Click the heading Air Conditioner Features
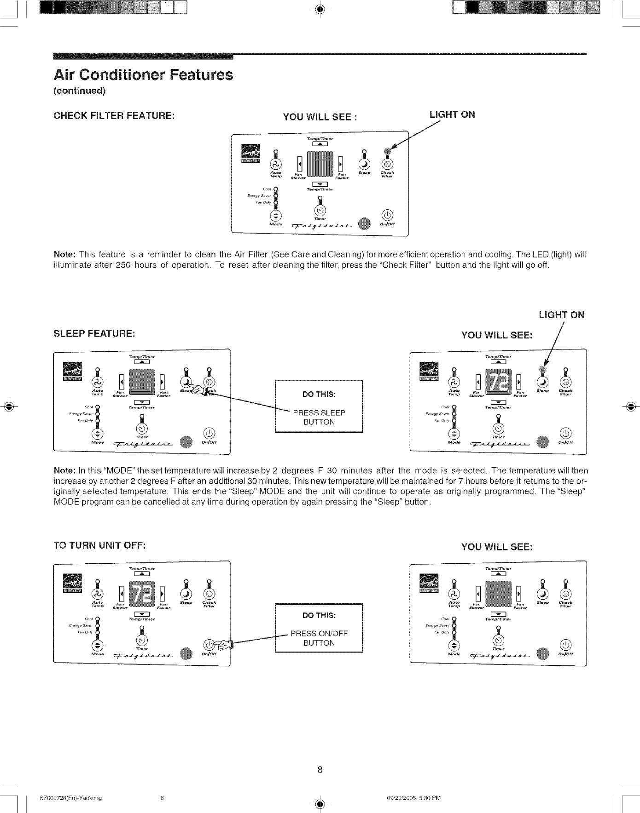pyautogui.click(x=143, y=74)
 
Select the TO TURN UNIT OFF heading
pyautogui.click(x=99, y=545)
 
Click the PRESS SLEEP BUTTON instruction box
pyautogui.click(x=319, y=407)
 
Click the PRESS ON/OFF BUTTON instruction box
pyautogui.click(x=319, y=628)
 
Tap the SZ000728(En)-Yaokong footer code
pyautogui.click(x=71, y=798)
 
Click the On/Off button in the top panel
pyautogui.click(x=388, y=215)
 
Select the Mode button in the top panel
pyautogui.click(x=275, y=216)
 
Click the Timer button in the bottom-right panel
pyautogui.click(x=498, y=641)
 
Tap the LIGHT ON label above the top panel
pyautogui.click(x=452, y=115)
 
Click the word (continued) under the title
pyautogui.click(x=80, y=91)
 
